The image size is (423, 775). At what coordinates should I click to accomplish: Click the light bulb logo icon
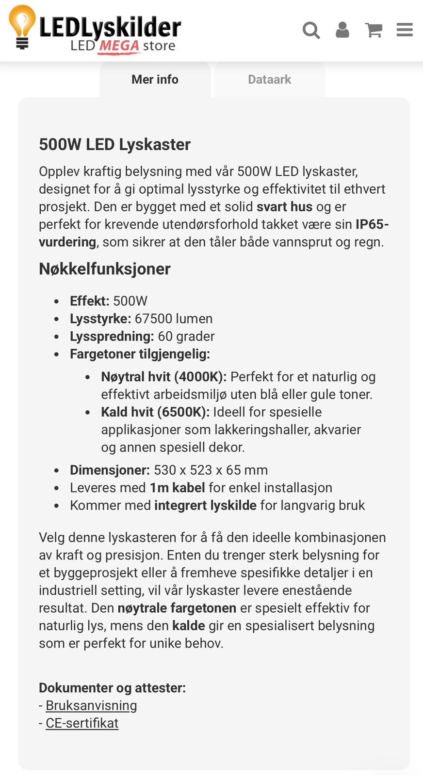tap(22, 27)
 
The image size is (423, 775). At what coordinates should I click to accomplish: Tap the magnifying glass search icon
tap(311, 30)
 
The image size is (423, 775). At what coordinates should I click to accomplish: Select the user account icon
tap(342, 30)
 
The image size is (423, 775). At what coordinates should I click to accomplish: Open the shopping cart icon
tap(374, 30)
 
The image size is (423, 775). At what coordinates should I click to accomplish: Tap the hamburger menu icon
tap(405, 30)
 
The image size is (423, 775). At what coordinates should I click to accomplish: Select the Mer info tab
tap(155, 79)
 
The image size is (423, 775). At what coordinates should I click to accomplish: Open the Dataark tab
tap(269, 79)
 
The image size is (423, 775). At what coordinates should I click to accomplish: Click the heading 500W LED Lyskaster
tap(114, 144)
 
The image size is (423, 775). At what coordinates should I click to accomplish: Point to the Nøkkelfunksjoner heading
tap(104, 269)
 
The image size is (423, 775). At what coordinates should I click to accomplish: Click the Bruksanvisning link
tap(91, 705)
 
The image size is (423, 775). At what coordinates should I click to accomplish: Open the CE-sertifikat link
tap(82, 723)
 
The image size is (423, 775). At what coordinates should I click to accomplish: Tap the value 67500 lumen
tap(174, 319)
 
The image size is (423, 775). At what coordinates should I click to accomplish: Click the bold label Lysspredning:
tap(112, 336)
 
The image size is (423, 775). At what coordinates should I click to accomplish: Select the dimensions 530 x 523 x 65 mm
tap(211, 470)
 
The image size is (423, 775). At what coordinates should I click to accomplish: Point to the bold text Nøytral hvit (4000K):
tap(164, 377)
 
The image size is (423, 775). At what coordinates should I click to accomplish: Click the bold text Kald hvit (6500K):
tap(155, 412)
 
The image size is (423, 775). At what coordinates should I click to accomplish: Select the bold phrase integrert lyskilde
tap(205, 505)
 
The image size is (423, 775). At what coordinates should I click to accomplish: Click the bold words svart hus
tap(284, 207)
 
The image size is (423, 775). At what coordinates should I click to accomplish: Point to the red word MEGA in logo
tap(119, 46)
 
